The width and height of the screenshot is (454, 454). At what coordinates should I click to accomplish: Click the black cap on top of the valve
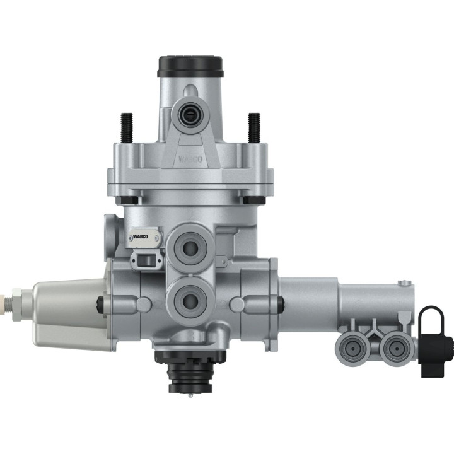point(190,65)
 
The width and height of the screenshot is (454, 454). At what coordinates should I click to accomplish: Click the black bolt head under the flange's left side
point(129,201)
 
